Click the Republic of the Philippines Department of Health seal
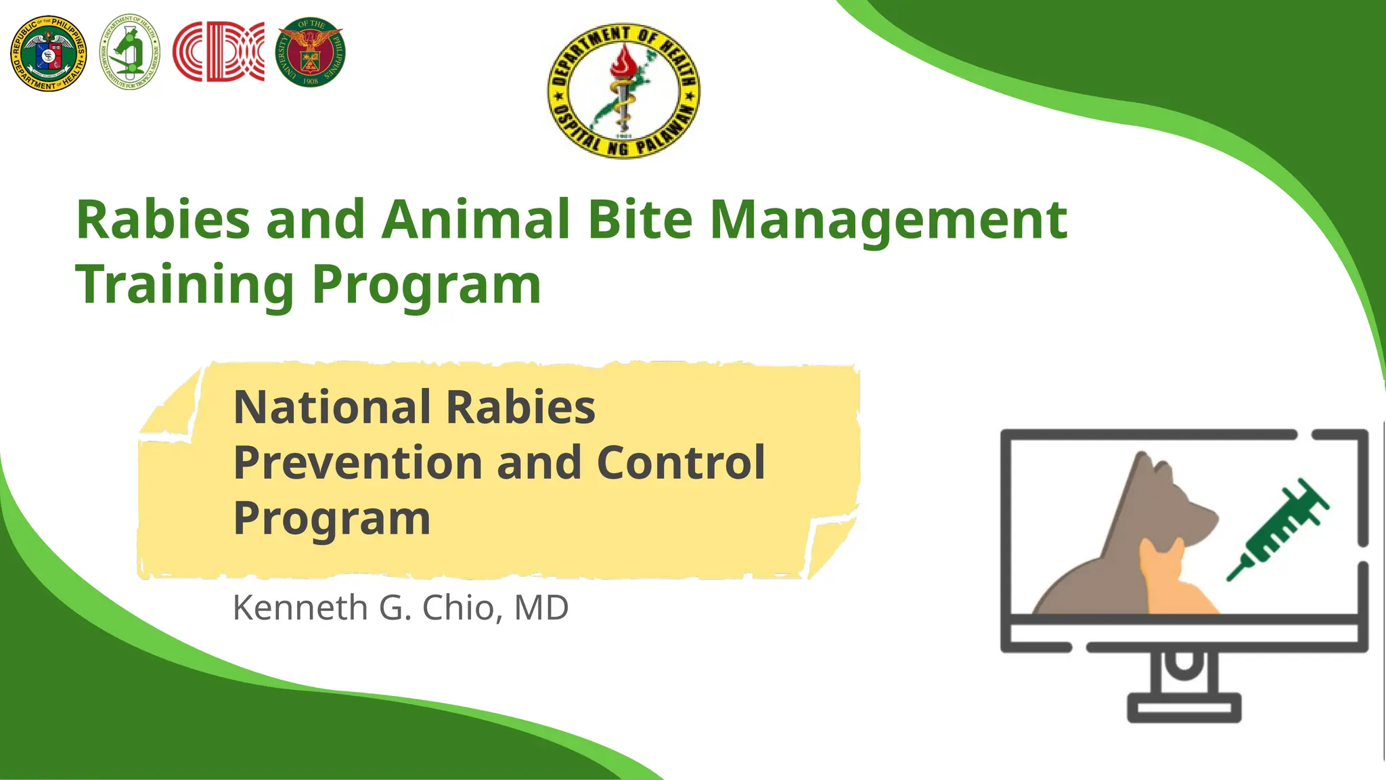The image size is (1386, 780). coord(48,53)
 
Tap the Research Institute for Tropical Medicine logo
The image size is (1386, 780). coord(130,53)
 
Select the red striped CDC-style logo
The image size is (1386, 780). coord(218,52)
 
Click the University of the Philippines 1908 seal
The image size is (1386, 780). coord(311,53)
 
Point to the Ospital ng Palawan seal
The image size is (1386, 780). coord(623,91)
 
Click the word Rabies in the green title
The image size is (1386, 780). coord(163,220)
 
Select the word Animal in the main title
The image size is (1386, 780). coord(476,220)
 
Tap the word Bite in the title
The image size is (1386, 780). coord(640,220)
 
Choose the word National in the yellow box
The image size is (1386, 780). coord(332,408)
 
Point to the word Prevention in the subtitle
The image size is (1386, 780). coord(358,463)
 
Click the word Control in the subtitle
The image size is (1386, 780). coord(681,463)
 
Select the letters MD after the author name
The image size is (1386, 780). coord(541,607)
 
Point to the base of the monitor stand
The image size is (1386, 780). coord(1184,708)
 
